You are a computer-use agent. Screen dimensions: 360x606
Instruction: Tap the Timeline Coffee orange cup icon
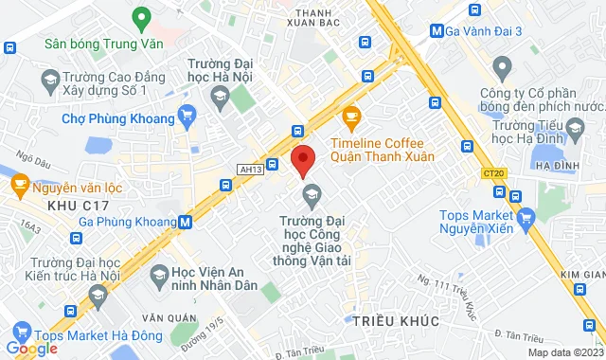click(x=352, y=117)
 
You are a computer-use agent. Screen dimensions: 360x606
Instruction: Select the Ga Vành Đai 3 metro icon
click(x=436, y=30)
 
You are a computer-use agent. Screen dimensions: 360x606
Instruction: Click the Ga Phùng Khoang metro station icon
click(x=186, y=223)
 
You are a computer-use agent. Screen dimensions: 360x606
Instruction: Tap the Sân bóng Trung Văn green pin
click(x=142, y=18)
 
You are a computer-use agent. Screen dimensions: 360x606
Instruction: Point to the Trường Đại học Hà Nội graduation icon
click(x=220, y=96)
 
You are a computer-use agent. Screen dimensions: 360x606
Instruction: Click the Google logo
click(x=31, y=349)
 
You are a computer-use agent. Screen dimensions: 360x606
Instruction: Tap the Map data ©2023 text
click(x=564, y=352)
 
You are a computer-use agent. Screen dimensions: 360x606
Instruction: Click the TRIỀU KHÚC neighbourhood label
click(x=395, y=322)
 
